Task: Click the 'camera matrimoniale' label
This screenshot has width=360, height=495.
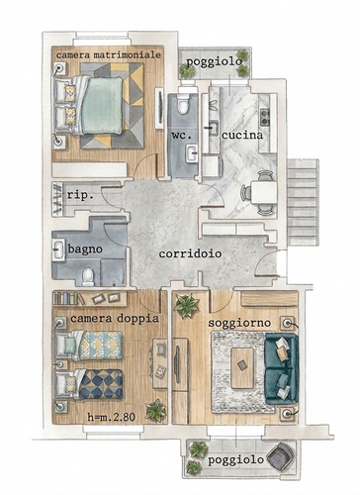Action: coord(109,54)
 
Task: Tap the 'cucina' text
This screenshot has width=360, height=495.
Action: coord(242,135)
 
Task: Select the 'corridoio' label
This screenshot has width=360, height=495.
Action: coord(190,253)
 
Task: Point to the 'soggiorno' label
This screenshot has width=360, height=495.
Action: coord(239,323)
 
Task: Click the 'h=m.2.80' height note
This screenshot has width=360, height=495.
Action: coord(112,417)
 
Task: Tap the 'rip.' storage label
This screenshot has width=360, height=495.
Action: coord(80,195)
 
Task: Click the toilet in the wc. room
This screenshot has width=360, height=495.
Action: coord(183,102)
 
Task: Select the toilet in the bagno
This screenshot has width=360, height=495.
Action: coord(88,276)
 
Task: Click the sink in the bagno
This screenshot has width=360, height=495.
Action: coord(58,249)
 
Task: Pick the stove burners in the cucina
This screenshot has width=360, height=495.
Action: coord(265,118)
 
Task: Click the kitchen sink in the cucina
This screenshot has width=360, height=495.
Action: coord(214,128)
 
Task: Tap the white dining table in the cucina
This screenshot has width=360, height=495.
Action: coord(263,192)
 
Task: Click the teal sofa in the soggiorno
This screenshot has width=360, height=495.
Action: coord(282,368)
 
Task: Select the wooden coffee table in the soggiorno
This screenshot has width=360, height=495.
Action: coord(242,368)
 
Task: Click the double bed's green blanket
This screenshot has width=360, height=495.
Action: coord(103,105)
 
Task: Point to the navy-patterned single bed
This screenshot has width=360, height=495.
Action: coord(90,385)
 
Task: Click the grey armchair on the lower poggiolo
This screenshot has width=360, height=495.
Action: coord(281,455)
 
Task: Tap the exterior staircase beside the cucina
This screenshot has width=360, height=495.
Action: coord(303,202)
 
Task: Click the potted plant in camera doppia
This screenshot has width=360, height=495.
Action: coord(156,410)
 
